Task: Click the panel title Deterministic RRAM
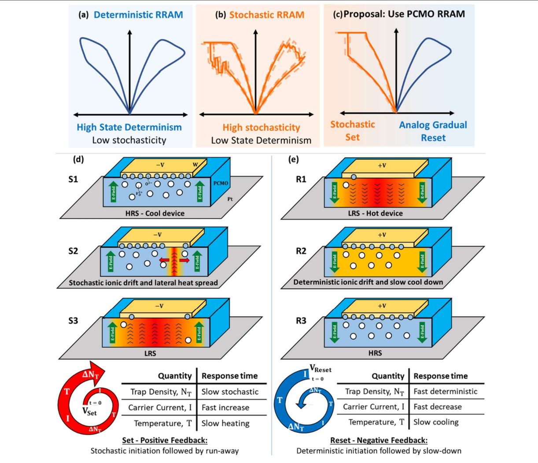point(138,15)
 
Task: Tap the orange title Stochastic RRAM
point(266,15)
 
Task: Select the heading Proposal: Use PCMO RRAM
point(404,14)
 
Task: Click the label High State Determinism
point(129,127)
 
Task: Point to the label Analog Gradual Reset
point(433,131)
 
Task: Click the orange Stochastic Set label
point(352,131)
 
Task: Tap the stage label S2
point(73,251)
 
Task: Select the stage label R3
point(301,320)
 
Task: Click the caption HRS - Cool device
point(155,213)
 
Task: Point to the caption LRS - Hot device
point(375,213)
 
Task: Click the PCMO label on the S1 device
point(220,183)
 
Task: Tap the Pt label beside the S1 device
point(230,199)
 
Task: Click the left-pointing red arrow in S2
point(164,261)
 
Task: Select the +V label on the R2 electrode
point(381,235)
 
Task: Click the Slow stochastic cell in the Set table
point(230,391)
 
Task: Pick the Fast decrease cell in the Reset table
point(438,407)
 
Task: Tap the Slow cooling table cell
point(436,422)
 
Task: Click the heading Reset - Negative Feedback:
point(379,440)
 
